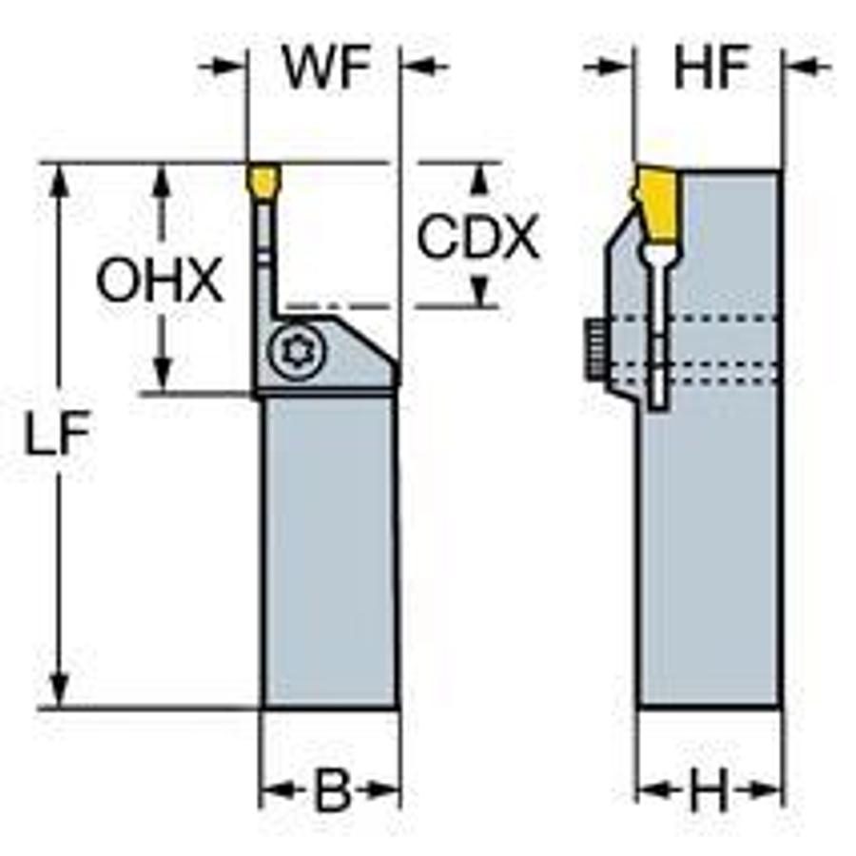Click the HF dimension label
(x=711, y=68)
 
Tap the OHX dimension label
(x=160, y=282)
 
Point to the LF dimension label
(x=59, y=436)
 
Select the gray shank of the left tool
(x=328, y=552)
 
